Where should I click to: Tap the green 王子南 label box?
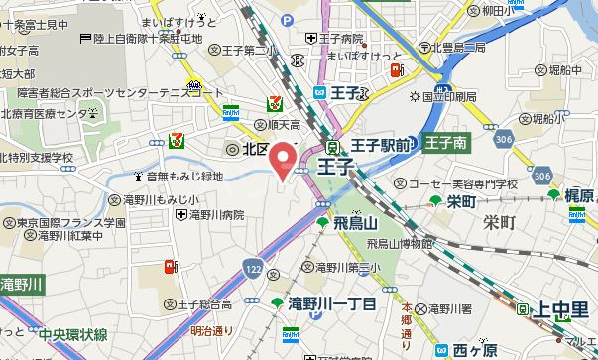click(446, 143)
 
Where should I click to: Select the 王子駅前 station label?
click(382, 145)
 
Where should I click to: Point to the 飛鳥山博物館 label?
click(400, 242)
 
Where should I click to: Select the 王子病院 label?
click(336, 39)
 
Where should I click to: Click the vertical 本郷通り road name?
click(406, 311)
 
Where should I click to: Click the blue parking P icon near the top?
click(287, 19)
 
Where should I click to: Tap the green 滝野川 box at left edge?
click(22, 284)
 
